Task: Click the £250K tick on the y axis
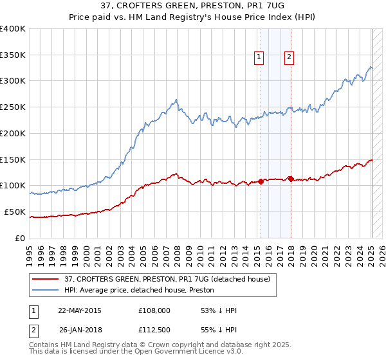pos(13,107)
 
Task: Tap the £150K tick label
pos(13,159)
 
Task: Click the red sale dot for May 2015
pos(261,181)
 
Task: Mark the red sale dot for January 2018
pos(291,179)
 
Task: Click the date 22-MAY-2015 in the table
pos(80,311)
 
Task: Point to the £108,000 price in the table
pos(154,311)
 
